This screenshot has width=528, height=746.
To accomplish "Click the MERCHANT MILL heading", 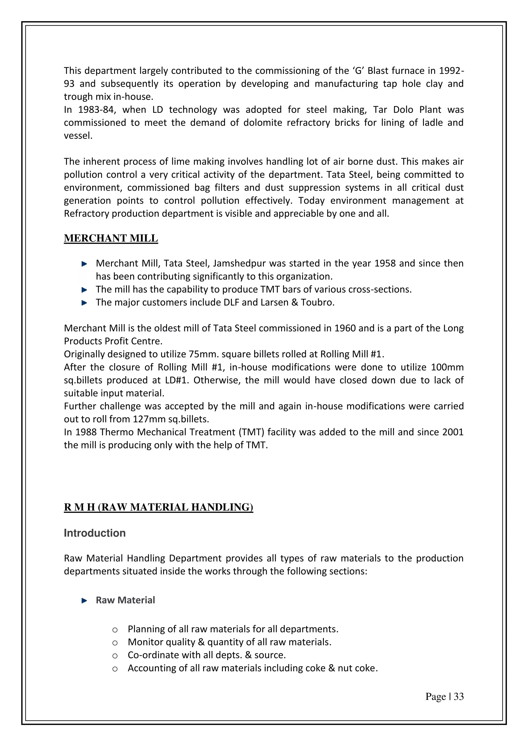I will point(111,238).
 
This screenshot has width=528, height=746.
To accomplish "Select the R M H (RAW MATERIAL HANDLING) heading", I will point(158,507).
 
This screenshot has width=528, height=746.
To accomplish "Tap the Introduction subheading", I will point(95,533).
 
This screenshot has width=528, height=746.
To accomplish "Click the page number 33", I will point(458,697).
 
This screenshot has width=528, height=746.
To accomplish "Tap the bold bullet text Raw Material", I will point(125,600).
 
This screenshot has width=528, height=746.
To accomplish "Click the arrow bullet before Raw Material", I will point(84,601).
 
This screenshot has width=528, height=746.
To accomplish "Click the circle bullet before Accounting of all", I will point(115,669).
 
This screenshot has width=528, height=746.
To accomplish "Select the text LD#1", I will point(177,380).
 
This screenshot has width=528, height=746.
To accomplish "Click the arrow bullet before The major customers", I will point(84,303).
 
